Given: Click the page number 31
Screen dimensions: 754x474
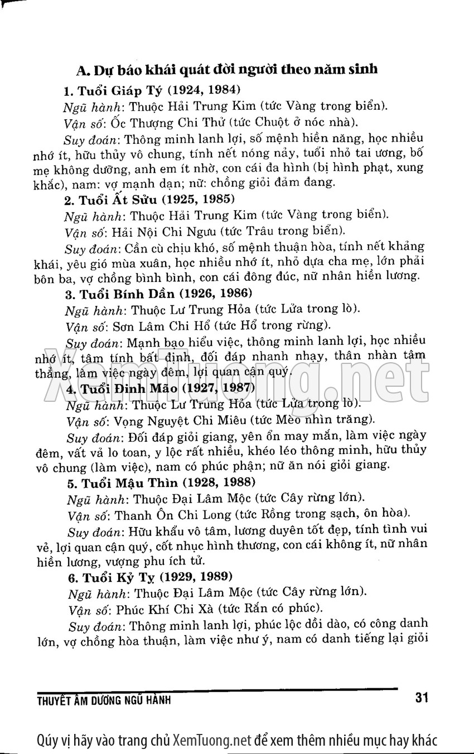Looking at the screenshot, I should point(422,697).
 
